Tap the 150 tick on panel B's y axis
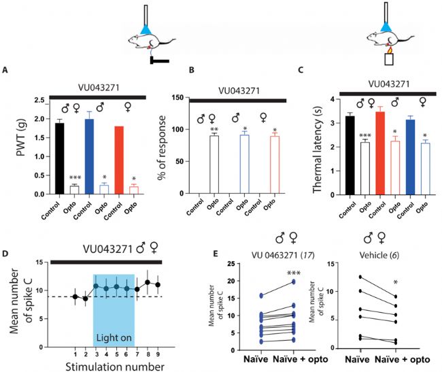point(180,98)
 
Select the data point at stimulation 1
point(75,297)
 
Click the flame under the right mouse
point(390,49)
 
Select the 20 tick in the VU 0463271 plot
point(237,281)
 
